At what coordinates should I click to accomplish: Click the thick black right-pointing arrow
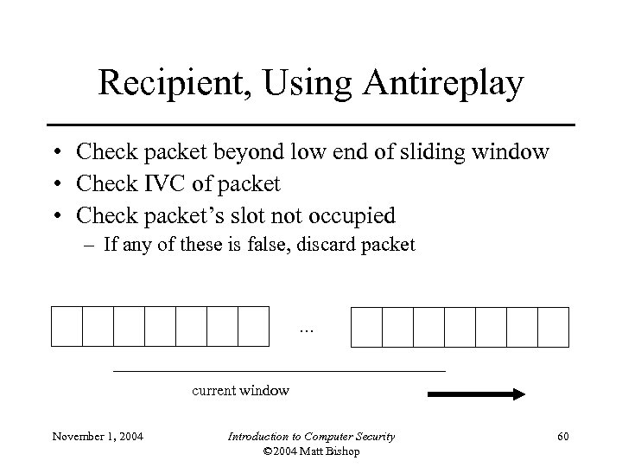[x=477, y=394]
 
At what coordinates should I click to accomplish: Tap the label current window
[x=240, y=390]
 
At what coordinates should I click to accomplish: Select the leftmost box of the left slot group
[x=67, y=326]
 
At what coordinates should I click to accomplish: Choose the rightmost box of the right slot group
[x=553, y=326]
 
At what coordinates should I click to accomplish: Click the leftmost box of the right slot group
[x=366, y=326]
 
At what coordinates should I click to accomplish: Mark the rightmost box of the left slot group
[x=253, y=326]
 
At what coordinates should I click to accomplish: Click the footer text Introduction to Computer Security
[x=311, y=437]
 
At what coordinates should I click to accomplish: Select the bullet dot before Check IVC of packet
[x=54, y=183]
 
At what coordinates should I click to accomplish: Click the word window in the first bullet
[x=516, y=152]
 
